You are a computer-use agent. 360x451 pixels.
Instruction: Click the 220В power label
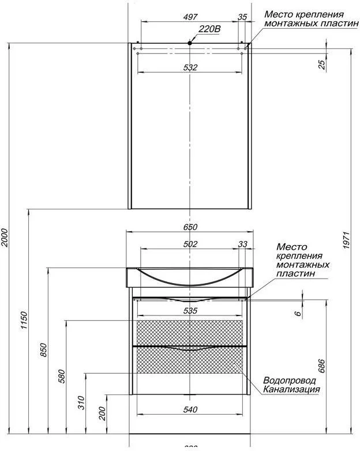tap(209, 29)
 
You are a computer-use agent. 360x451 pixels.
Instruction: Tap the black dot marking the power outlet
tap(190, 43)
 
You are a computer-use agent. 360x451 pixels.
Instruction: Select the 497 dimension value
tap(190, 17)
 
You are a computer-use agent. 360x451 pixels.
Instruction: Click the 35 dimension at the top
tap(242, 17)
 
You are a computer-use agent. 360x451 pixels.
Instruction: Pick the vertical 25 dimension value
tap(322, 64)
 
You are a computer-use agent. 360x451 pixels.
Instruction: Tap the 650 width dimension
tap(190, 227)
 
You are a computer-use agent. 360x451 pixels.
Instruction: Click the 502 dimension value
tap(190, 244)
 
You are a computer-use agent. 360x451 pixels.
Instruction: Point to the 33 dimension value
tap(243, 244)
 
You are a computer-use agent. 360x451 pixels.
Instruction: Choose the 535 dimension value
tap(190, 311)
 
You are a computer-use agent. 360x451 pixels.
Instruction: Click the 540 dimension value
tap(190, 409)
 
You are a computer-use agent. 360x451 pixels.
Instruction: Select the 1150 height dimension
tap(24, 321)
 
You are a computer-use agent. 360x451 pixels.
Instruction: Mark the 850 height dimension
tap(44, 349)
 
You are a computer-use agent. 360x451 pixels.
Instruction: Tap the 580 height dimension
tap(62, 375)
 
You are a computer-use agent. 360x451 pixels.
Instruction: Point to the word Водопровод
tap(290, 381)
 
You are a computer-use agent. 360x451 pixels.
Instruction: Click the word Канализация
tap(291, 389)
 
